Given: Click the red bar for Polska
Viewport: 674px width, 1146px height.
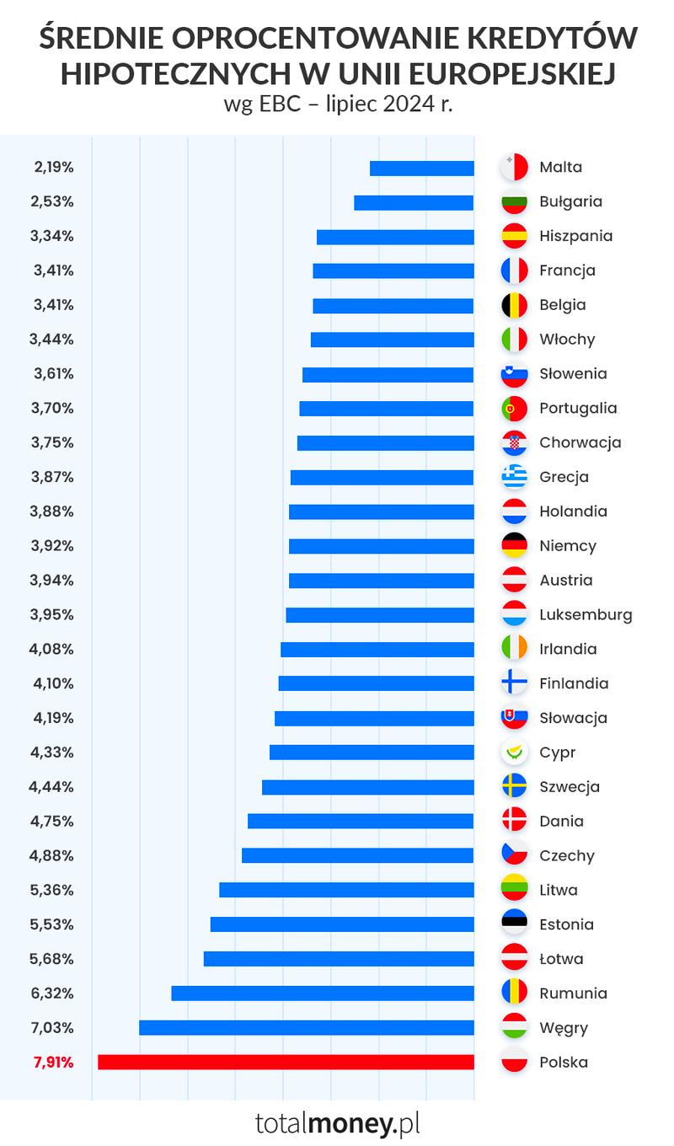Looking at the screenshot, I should [286, 1062].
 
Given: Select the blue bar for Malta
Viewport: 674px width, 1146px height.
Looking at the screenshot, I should [421, 168].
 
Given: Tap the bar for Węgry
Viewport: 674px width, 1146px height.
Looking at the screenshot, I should [306, 1027].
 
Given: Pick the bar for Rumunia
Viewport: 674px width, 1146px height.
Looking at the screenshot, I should [322, 993].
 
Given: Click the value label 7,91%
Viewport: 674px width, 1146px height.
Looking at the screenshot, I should [52, 1062].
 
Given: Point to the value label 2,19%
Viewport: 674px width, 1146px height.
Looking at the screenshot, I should [52, 167].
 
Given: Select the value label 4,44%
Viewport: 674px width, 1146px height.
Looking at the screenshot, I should [52, 786].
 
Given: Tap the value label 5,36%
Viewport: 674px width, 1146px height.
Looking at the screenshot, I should [52, 890].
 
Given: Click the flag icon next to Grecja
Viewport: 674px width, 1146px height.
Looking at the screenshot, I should [514, 477].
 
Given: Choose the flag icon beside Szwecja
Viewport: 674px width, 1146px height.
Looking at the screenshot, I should [514, 786].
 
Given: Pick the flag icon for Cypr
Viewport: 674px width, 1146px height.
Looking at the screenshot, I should [514, 752].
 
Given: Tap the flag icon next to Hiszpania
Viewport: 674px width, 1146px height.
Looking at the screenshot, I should [514, 236].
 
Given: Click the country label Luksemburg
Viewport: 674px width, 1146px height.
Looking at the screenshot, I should [586, 614].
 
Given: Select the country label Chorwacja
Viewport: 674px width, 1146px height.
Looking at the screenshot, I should [580, 442].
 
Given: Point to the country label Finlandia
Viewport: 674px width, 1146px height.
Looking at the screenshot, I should [574, 683].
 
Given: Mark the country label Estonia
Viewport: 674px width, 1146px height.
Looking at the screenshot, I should [566, 924].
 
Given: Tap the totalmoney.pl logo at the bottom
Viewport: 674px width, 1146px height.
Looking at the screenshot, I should [337, 1122].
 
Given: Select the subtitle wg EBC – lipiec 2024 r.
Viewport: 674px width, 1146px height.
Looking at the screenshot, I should [338, 105].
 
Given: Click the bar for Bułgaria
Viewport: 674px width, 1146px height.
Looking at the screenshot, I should [414, 202].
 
